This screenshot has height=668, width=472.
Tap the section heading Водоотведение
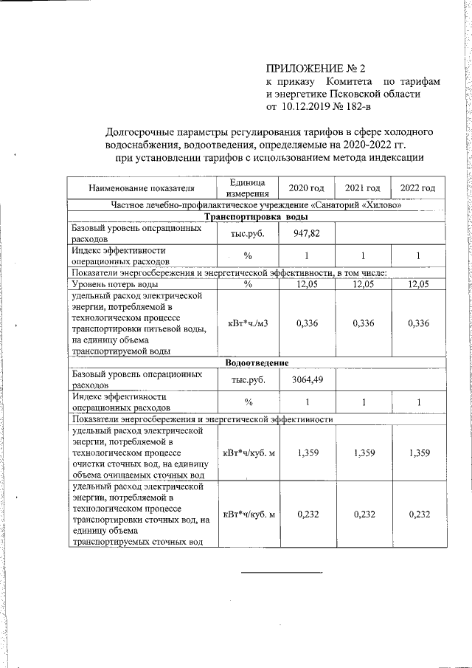pyautogui.click(x=256, y=362)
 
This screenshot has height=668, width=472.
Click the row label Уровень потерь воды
pyautogui.click(x=114, y=284)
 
